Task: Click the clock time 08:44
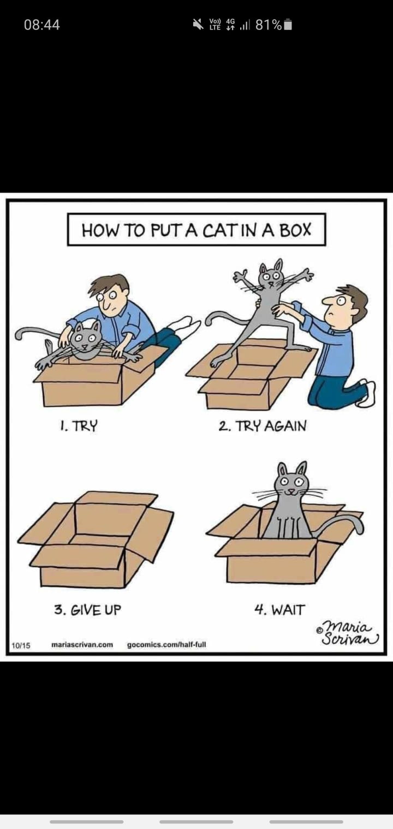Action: click(42, 25)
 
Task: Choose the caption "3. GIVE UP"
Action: click(87, 609)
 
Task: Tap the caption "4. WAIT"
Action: click(279, 609)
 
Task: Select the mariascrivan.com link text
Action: click(82, 644)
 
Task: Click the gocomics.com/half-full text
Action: click(166, 644)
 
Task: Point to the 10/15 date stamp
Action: click(21, 646)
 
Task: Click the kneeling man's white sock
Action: click(367, 394)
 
